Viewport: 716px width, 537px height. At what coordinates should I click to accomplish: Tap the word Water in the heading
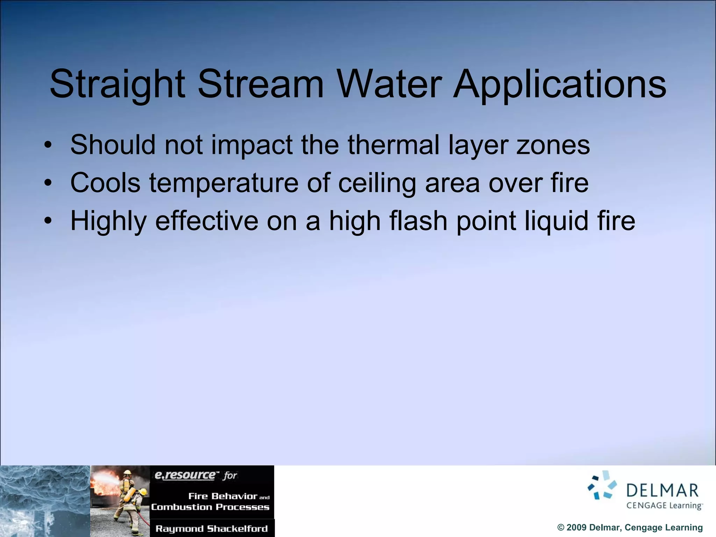pos(389,84)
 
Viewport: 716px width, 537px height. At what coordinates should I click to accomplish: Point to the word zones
pos(553,145)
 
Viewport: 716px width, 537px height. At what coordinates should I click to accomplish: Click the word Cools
pos(105,182)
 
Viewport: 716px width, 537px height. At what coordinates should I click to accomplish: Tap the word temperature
pos(224,183)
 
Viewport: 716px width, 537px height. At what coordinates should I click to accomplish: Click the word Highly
pos(108,221)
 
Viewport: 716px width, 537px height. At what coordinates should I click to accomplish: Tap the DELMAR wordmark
pos(663,491)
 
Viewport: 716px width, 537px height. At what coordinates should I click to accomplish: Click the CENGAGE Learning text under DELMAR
pos(664,506)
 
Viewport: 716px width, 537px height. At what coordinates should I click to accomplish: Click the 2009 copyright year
pos(577,528)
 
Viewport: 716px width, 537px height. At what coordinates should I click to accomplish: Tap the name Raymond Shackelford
pos(212,528)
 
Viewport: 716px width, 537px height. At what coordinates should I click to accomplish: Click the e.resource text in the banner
pos(185,475)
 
